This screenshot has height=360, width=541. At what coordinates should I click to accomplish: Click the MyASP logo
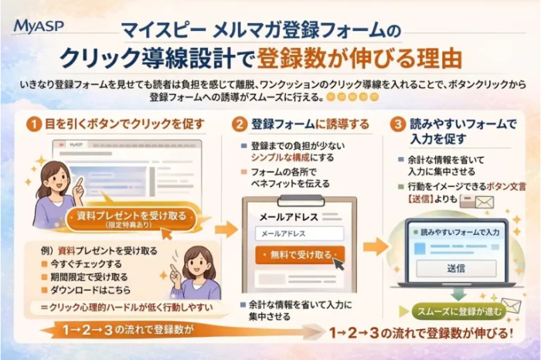click(39, 26)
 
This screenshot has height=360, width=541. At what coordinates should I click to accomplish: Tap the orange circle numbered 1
click(34, 123)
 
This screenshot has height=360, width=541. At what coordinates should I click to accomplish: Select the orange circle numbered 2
click(240, 123)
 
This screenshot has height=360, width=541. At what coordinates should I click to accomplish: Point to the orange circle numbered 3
click(396, 123)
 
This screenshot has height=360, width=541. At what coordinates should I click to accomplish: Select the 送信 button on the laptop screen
click(456, 268)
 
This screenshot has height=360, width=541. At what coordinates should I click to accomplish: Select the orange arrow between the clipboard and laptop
click(376, 246)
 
